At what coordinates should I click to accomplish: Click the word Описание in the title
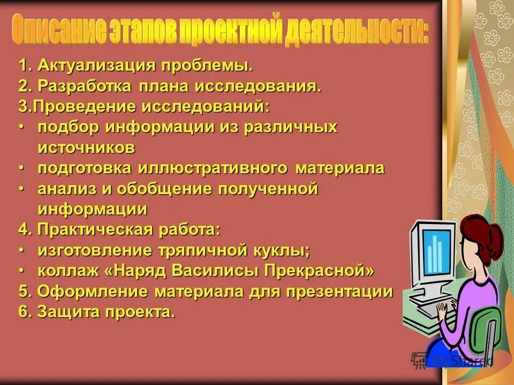59,31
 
